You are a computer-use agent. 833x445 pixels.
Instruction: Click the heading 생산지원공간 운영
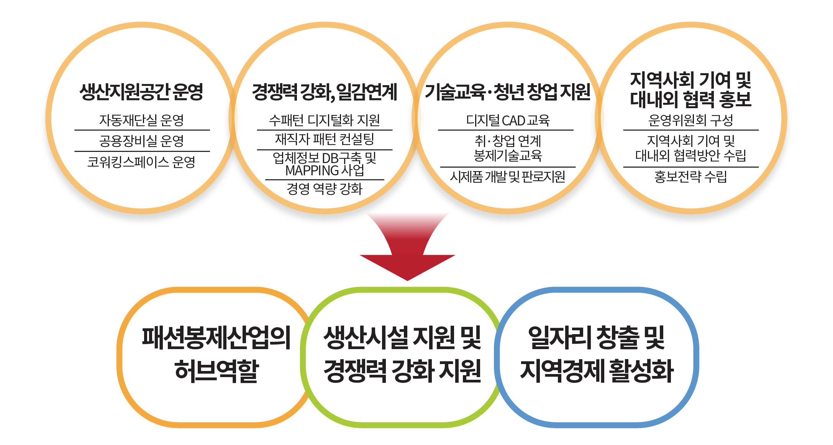coord(141,92)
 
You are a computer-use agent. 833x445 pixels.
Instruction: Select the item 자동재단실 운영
coord(141,120)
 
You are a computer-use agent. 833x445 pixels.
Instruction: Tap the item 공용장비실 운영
coord(141,141)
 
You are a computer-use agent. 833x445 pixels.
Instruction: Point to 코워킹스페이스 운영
coord(141,162)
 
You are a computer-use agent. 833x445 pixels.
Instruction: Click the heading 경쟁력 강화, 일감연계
coord(325,92)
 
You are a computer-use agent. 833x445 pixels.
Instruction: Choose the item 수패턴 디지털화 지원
coord(325,120)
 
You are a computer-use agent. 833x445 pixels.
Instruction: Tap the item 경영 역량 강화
coord(325,189)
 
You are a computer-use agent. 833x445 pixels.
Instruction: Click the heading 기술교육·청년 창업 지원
coord(507,92)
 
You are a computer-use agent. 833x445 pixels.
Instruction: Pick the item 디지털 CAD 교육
coord(507,120)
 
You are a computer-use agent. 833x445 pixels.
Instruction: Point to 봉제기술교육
coord(507,156)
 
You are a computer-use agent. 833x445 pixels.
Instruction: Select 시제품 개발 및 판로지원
coord(507,177)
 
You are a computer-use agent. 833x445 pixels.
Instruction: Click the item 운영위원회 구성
coord(690,120)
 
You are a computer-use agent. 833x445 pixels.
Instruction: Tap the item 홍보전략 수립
coord(690,177)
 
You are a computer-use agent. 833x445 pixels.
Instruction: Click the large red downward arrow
coord(407,249)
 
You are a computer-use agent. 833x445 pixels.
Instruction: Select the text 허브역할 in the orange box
coord(216,371)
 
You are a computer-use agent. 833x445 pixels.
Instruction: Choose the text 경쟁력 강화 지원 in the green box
coord(402,371)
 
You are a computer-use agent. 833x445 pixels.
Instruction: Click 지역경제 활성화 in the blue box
coord(597,371)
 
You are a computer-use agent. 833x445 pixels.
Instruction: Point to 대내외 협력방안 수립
coord(690,156)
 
